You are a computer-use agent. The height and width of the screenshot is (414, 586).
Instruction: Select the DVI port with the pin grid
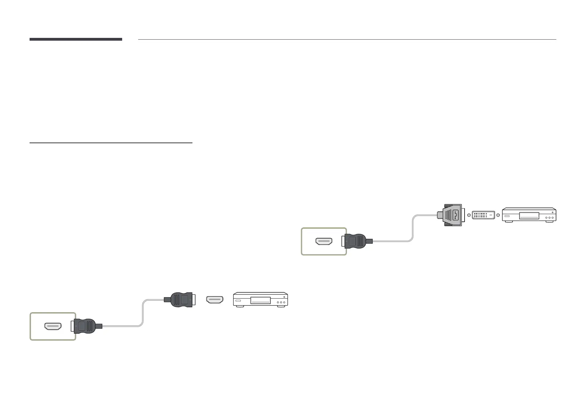484,215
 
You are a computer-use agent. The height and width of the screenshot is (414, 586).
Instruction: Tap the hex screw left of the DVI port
469,215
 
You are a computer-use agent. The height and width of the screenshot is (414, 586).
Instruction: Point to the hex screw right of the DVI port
499,215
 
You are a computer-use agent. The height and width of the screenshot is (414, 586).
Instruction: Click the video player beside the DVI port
529,215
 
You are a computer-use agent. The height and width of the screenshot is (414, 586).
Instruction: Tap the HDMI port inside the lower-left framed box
53,326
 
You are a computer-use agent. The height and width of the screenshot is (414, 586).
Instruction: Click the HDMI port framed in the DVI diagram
324,241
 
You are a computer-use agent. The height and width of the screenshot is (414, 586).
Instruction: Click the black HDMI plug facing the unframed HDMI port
179,300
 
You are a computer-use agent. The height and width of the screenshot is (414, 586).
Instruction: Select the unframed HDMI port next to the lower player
215,300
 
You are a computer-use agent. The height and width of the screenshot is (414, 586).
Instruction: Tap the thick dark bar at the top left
76,39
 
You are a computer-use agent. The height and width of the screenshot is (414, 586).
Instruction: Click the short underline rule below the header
111,143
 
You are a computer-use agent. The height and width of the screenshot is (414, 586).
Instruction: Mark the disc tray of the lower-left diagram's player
261,300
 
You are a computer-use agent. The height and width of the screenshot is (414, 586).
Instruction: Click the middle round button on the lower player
281,303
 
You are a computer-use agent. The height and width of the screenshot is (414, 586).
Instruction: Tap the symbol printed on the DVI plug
455,215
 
